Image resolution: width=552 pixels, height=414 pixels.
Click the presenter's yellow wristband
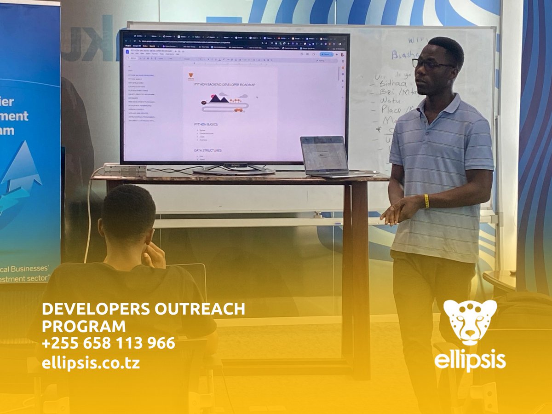pos(426,201)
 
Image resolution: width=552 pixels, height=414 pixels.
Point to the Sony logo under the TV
pos(235,165)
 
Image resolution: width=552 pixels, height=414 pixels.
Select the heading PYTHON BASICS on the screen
pos(206,124)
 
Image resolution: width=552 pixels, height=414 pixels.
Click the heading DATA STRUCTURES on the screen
pos(208,150)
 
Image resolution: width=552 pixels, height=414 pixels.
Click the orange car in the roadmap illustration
pos(238,109)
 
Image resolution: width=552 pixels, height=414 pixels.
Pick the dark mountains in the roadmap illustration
pos(218,98)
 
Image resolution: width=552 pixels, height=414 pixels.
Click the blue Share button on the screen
pos(326,54)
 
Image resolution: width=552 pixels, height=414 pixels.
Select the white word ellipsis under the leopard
pos(470,360)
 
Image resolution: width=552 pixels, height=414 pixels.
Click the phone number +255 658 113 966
pos(108,343)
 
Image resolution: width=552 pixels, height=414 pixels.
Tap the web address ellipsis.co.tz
pos(91,363)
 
